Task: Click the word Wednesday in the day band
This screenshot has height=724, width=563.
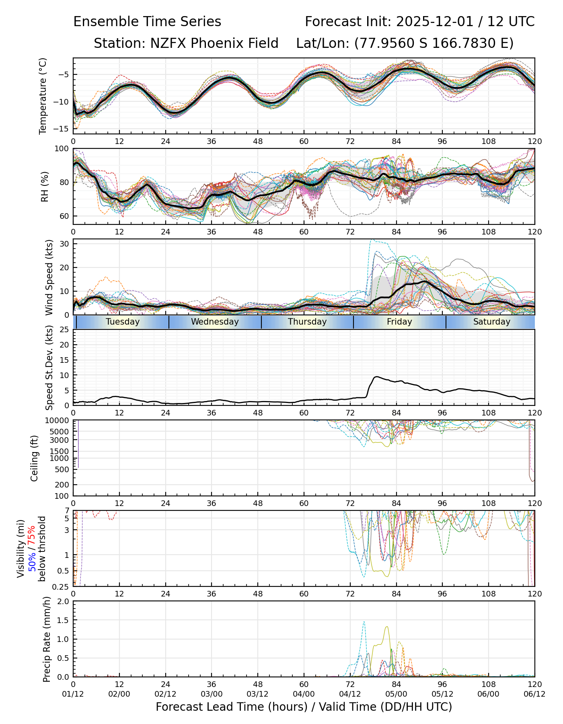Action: point(215,322)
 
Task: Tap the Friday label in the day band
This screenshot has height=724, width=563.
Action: point(399,322)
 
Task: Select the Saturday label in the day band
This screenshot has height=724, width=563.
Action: point(491,322)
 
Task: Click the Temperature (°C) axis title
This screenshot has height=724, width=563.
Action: point(43,96)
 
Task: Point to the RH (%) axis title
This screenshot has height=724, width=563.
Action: point(45,187)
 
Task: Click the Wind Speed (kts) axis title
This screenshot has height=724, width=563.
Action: point(49,277)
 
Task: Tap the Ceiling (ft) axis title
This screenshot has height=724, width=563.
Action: point(35,458)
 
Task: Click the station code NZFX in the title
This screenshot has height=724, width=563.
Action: point(168,43)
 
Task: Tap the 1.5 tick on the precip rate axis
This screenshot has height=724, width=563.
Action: point(64,620)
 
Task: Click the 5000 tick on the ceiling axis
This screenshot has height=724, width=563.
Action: point(60,432)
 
